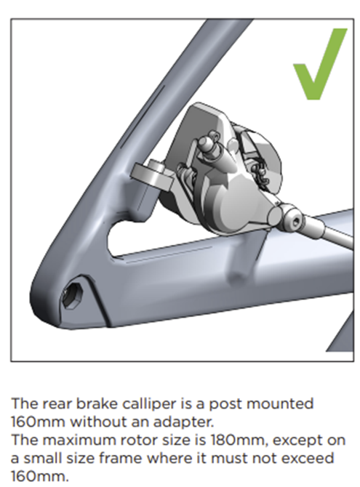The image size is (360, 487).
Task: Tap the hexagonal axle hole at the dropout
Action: click(x=72, y=295)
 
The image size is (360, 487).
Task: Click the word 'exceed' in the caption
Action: click(x=308, y=458)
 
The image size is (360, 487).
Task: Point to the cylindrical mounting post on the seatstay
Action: click(x=152, y=175)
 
